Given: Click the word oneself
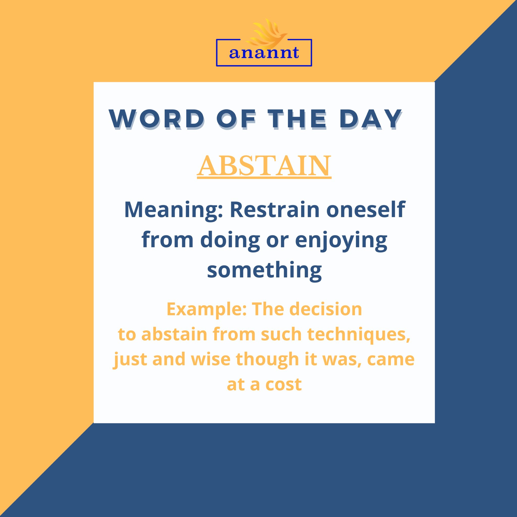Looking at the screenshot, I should pyautogui.click(x=365, y=210).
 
